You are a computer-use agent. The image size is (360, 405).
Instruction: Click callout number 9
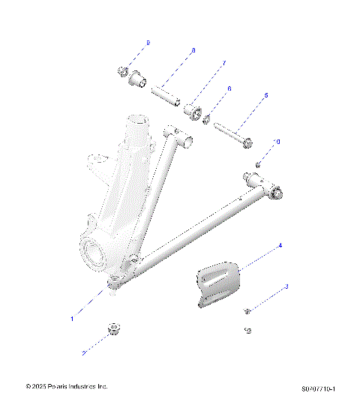click(148, 43)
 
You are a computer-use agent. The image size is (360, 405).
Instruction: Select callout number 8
click(193, 51)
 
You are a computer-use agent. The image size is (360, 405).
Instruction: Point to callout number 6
click(229, 88)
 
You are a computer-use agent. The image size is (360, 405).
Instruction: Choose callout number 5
click(265, 96)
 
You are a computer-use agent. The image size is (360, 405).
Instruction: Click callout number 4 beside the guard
click(280, 245)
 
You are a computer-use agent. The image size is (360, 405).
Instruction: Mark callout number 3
click(286, 286)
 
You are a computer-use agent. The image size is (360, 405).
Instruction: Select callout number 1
click(73, 319)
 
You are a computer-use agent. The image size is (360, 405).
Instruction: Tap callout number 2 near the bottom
click(84, 352)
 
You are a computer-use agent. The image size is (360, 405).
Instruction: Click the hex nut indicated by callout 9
click(121, 72)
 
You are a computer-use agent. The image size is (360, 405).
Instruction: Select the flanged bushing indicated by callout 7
click(195, 113)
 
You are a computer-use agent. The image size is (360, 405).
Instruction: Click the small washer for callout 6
click(206, 120)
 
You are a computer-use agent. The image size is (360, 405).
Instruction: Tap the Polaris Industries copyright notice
click(67, 386)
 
